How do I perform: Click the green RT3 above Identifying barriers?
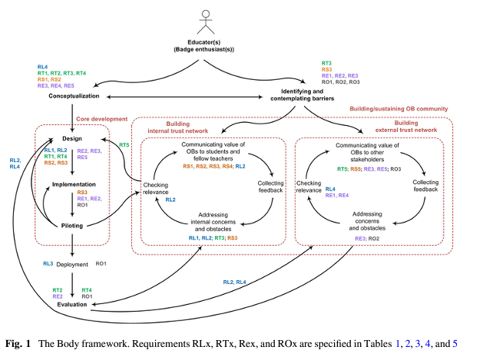[x=326, y=62]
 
